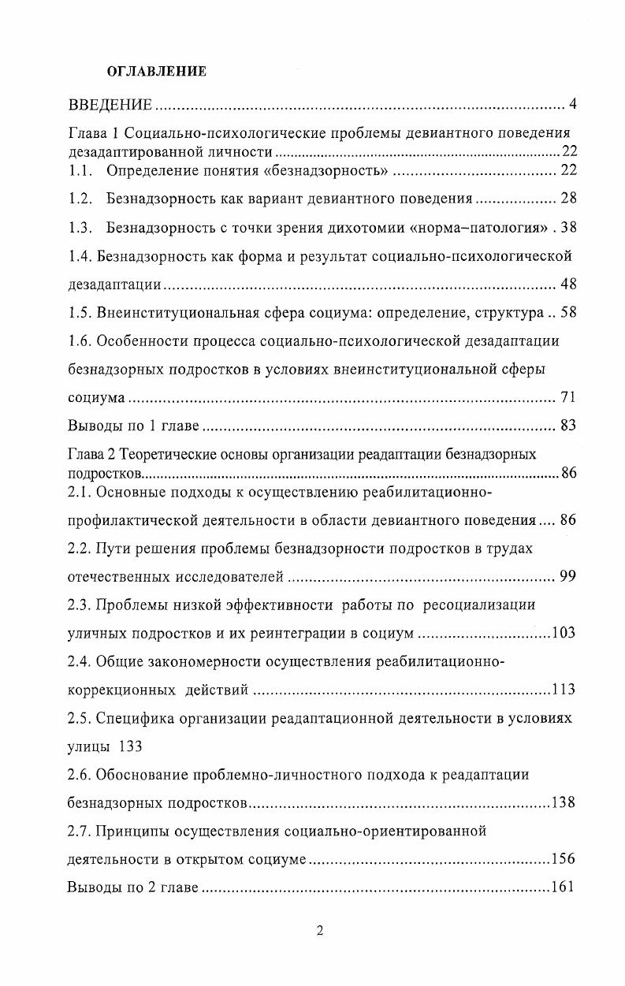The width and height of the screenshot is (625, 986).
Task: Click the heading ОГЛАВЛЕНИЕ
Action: point(156,72)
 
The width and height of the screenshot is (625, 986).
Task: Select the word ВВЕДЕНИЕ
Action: point(110,105)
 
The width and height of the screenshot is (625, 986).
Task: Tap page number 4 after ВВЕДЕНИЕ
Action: point(573,105)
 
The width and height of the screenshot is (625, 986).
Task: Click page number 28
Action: point(568,199)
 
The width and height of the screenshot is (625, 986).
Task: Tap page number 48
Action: point(568,285)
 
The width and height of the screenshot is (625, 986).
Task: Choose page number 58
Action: point(568,313)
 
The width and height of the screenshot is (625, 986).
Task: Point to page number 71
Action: point(568,398)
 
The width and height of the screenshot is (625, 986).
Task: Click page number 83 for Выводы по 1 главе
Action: point(568,426)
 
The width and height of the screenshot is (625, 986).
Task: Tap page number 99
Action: point(568,577)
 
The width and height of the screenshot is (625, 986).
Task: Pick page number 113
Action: point(564,690)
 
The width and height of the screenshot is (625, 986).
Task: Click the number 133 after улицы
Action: point(130,746)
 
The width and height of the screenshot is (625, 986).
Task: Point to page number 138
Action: point(564,803)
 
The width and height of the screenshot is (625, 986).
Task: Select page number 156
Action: point(564,860)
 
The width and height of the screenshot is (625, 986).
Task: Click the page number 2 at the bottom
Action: point(320,931)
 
